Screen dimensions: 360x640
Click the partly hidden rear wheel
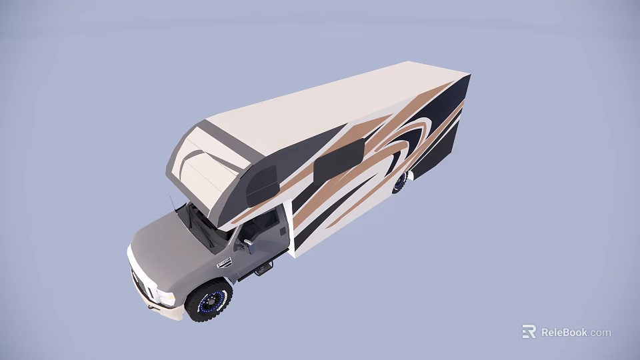pyautogui.click(x=400, y=182)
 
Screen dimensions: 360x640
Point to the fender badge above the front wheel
pyautogui.click(x=225, y=263)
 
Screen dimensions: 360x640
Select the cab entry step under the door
pyautogui.click(x=263, y=269)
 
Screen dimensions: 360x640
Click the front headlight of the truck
pyautogui.click(x=165, y=297)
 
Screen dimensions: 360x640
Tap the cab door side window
pyautogui.click(x=261, y=225)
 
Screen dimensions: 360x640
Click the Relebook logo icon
pyautogui.click(x=529, y=331)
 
